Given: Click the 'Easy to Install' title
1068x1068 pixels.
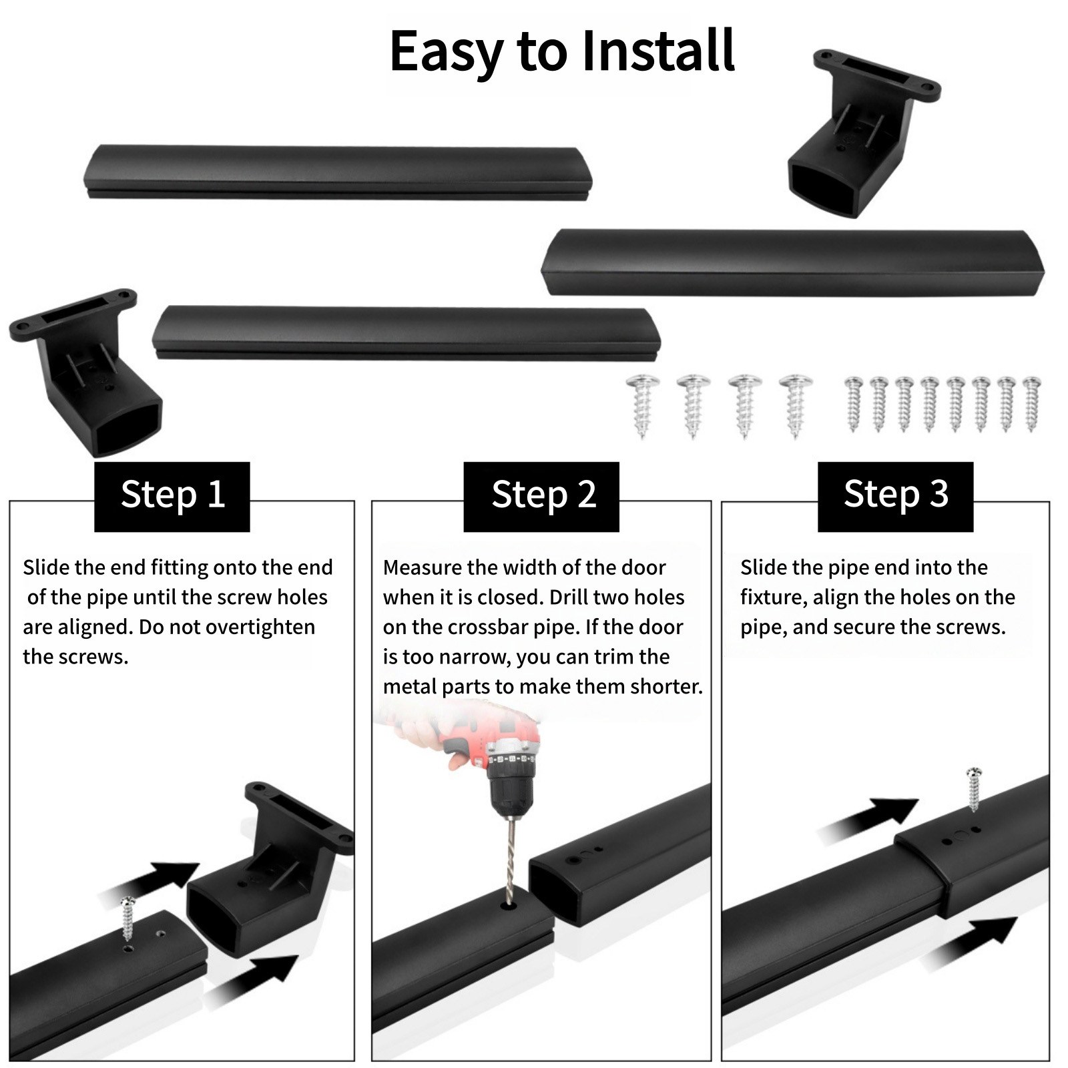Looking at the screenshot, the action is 562,52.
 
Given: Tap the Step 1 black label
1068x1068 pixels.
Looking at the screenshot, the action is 172,497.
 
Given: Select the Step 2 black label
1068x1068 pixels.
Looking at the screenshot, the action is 541,497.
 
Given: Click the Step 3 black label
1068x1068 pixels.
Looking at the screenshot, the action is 896,497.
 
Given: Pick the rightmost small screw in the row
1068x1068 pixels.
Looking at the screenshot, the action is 1031,405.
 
